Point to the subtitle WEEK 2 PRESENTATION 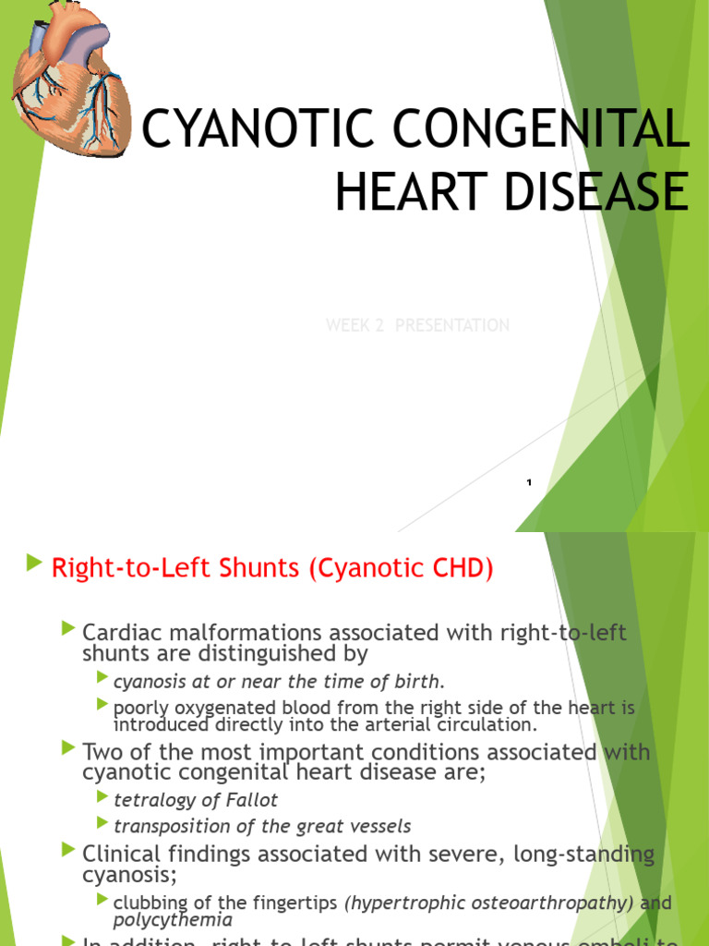(x=417, y=325)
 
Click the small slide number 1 (x=529, y=482)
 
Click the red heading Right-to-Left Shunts (x=176, y=568)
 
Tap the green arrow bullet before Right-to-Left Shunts (x=35, y=563)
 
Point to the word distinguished (x=267, y=654)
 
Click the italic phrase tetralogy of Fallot (x=195, y=800)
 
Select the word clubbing (x=148, y=902)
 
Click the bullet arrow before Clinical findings (x=68, y=850)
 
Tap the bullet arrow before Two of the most (x=68, y=746)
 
